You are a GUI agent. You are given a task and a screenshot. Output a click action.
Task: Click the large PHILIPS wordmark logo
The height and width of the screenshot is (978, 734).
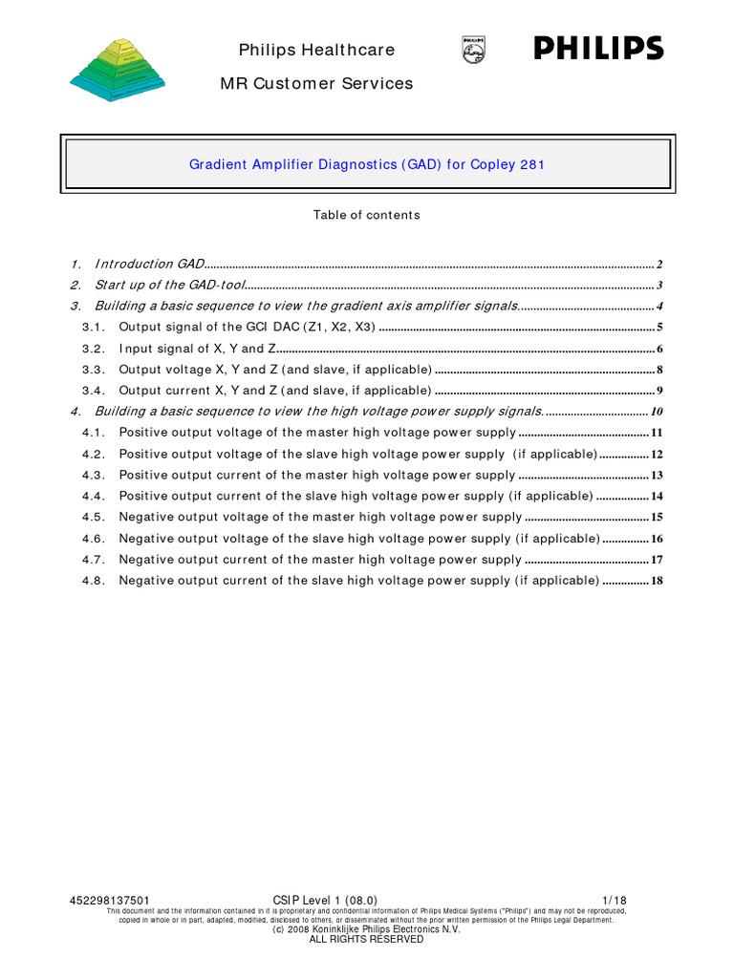pos(598,49)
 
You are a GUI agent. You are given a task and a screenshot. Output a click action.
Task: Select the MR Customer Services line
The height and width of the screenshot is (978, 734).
pos(316,83)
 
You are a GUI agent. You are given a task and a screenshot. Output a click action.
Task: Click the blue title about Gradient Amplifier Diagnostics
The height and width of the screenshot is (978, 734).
pos(367,164)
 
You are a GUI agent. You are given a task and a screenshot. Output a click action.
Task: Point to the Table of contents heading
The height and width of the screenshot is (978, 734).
pos(366,215)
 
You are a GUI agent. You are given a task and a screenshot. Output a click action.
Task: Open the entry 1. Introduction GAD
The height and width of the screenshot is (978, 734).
pos(148,264)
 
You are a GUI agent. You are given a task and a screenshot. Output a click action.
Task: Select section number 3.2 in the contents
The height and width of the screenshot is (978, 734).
pos(93,349)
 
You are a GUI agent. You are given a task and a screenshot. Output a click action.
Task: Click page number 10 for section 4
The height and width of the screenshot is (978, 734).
pos(657,412)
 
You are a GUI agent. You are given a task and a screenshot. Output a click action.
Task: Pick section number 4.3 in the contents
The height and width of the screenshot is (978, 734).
pos(93,475)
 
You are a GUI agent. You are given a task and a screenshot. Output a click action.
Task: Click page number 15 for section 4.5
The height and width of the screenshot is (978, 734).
pos(657,518)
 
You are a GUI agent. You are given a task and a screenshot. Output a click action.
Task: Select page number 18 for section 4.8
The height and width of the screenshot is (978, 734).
pos(657,581)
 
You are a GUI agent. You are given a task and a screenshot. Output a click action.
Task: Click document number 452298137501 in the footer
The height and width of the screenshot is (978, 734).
pos(110,900)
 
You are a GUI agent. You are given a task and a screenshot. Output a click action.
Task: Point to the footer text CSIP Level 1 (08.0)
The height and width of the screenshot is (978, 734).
pos(325,900)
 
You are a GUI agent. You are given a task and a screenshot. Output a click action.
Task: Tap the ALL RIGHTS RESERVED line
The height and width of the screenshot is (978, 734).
pos(366,939)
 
